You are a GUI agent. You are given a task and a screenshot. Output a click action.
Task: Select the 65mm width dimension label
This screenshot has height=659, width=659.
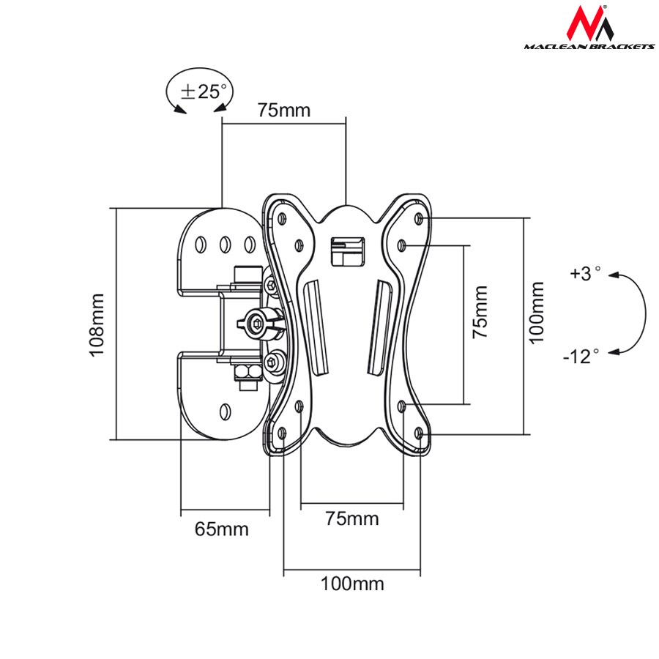point(221,529)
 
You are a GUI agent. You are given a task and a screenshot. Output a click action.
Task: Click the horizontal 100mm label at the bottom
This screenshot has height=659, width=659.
point(351,584)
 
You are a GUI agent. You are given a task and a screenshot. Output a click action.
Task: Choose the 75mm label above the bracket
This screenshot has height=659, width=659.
point(283,111)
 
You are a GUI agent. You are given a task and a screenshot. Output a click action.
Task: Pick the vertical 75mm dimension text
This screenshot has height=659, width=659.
point(480,311)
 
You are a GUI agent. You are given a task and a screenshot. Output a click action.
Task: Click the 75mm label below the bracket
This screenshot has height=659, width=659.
point(352,519)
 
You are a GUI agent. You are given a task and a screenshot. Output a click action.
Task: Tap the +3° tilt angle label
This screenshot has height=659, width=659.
point(585,273)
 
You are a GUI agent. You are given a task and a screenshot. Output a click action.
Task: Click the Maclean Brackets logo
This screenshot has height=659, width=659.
point(589,29)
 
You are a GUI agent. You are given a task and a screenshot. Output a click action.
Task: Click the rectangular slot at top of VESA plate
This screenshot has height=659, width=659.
point(346,249)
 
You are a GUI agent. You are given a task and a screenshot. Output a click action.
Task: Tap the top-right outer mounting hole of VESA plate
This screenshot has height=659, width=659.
point(418,218)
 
